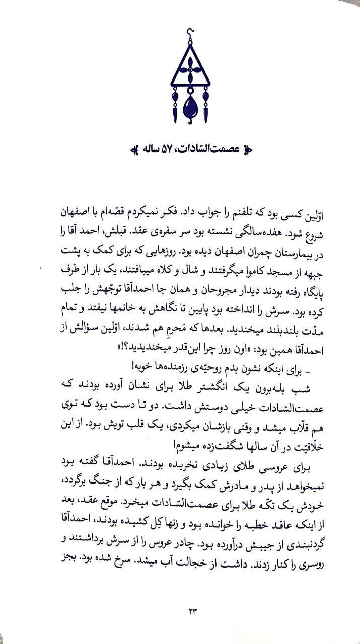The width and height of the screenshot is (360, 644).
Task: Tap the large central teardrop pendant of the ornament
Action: tap(190, 105)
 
